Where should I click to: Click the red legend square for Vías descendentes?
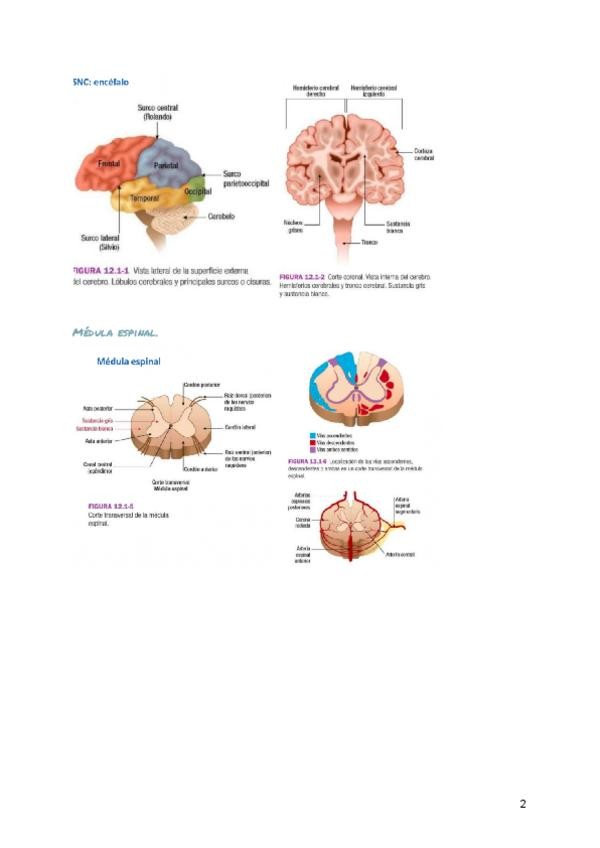tap(303, 443)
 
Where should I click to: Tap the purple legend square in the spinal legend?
tap(303, 450)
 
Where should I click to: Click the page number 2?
tap(522, 804)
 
